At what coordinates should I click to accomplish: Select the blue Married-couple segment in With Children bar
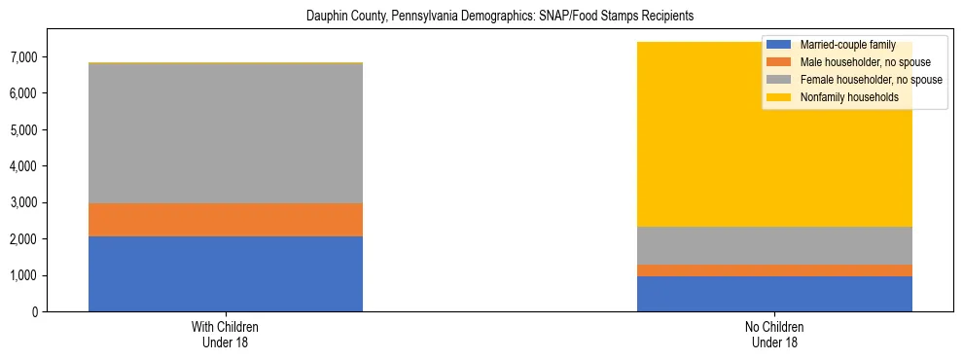click(225, 273)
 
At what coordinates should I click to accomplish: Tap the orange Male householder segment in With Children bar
click(225, 220)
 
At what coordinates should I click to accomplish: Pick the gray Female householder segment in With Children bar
click(225, 133)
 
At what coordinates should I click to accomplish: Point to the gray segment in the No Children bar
click(774, 245)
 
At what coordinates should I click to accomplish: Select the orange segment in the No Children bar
click(774, 270)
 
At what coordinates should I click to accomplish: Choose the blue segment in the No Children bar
click(774, 294)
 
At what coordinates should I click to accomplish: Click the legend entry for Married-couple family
click(841, 45)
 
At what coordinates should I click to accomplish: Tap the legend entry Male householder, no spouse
click(855, 62)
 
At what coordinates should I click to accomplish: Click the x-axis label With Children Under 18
click(225, 335)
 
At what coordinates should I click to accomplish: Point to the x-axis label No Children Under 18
click(774, 335)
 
